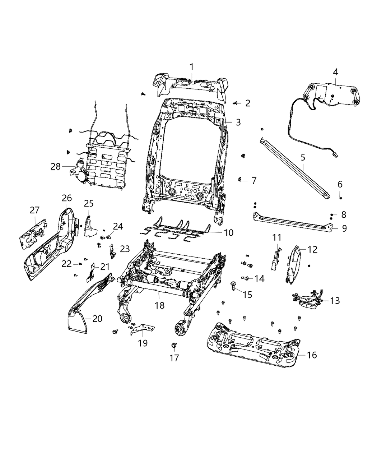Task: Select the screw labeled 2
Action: (236, 103)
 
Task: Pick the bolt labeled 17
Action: (174, 345)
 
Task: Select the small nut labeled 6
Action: (340, 198)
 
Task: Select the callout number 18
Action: (159, 305)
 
